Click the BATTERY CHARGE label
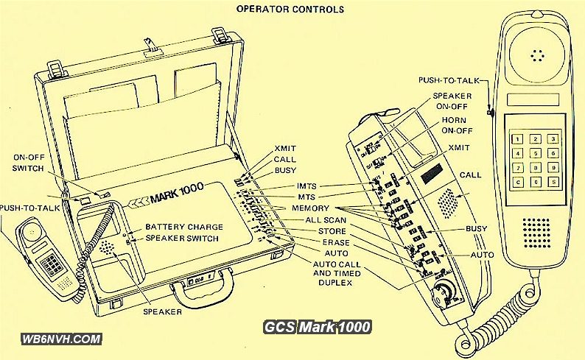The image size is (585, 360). (184, 227)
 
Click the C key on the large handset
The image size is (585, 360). (519, 183)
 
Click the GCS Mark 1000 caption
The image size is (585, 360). (318, 327)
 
